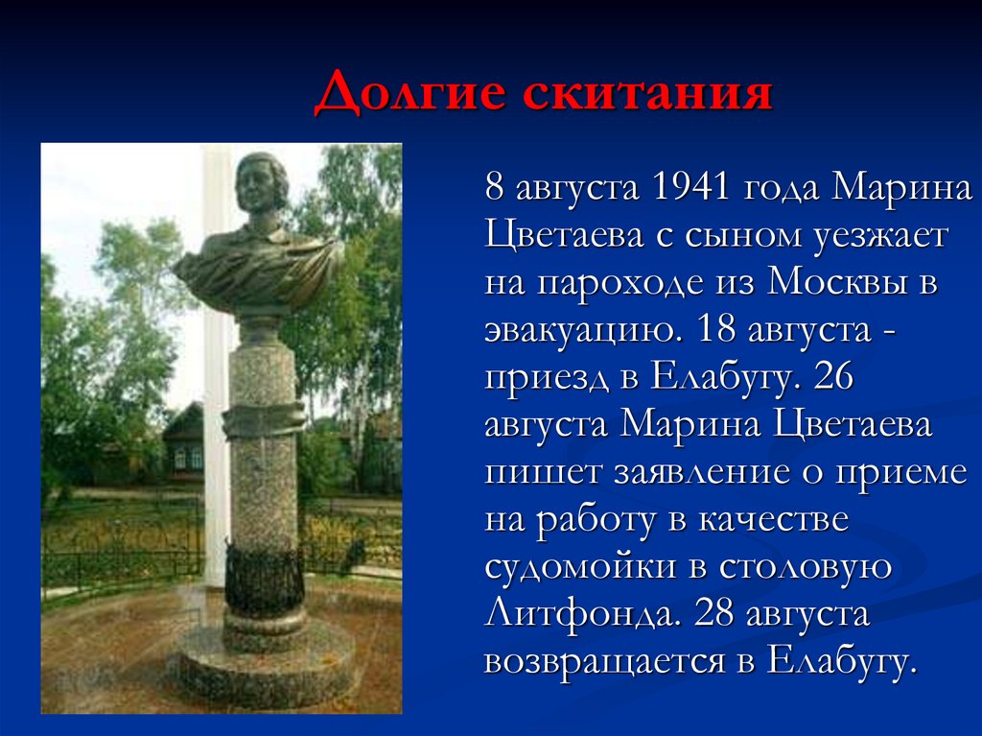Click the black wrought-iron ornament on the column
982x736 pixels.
pyautogui.click(x=264, y=580)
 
